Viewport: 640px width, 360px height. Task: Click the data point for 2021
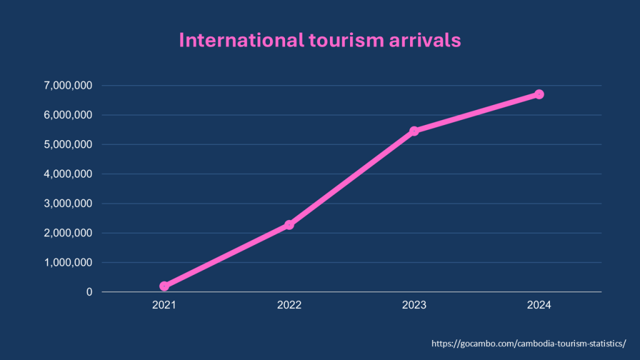click(164, 286)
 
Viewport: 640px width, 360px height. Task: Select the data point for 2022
click(289, 225)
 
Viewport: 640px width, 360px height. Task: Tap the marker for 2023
click(414, 131)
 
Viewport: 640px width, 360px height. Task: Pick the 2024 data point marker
click(539, 94)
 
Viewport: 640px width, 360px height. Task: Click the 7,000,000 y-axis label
click(67, 86)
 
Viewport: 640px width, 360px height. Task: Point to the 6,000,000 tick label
click(67, 115)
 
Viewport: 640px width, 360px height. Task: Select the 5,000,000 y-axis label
click(67, 144)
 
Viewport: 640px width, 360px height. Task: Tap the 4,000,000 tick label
click(67, 174)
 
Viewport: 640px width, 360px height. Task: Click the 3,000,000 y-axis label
click(67, 204)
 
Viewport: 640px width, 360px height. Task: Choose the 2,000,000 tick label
click(67, 233)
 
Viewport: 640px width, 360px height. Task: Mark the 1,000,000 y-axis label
click(67, 262)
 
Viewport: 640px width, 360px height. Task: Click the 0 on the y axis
click(89, 292)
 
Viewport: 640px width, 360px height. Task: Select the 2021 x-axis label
click(164, 306)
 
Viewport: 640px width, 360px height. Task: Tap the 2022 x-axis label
click(289, 306)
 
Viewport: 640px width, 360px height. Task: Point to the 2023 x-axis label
click(414, 306)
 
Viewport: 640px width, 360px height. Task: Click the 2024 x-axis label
click(539, 306)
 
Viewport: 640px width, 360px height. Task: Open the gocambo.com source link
click(528, 344)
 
